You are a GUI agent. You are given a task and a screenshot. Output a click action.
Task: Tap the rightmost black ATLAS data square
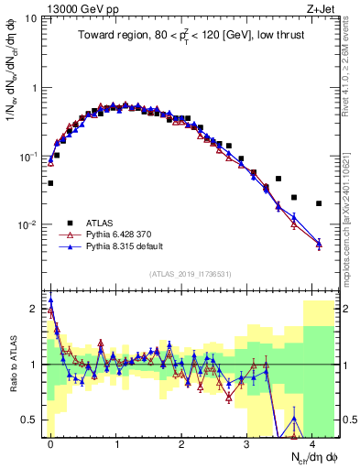pos(319,203)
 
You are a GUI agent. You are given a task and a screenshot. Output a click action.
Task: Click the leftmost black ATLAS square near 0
pos(50,183)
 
